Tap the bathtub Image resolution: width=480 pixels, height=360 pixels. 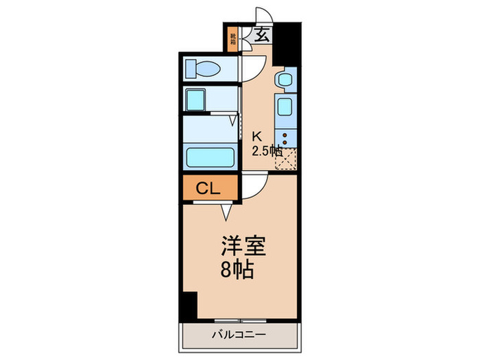[x=211, y=157]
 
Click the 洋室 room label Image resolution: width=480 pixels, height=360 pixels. [x=243, y=245]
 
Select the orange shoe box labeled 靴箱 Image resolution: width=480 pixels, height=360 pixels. [x=233, y=39]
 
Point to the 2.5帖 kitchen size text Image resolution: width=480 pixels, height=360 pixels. [x=265, y=150]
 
